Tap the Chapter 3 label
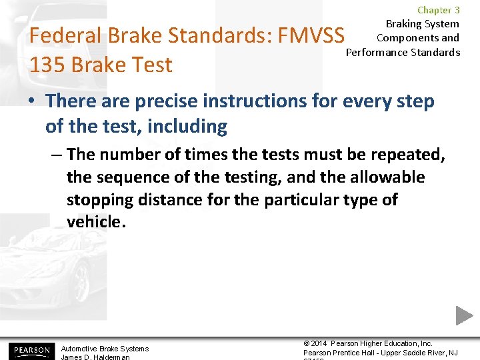[438, 10]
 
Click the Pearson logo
[30, 350]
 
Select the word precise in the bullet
[171, 101]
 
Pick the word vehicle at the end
[95, 222]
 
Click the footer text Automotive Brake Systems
[105, 349]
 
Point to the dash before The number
[56, 155]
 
